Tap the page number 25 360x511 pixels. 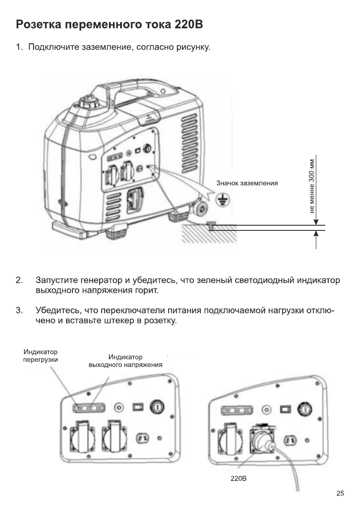point(340,493)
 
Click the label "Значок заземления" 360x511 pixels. point(247,183)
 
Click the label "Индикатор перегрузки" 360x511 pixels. point(40,356)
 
